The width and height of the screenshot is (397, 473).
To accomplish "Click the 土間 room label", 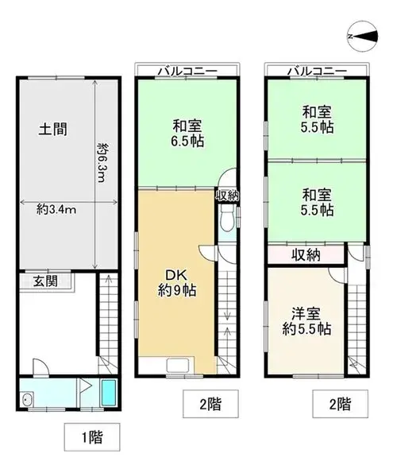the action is pos(53,129).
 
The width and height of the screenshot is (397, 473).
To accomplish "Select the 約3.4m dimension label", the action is pos(56,209).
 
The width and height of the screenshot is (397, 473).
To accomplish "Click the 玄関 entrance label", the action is pos(45,281).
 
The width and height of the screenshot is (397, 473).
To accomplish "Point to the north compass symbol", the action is pos(363,37).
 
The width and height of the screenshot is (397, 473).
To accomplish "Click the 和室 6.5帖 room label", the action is pos(187,134).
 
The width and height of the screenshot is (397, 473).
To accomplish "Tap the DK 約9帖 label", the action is pos(177,283).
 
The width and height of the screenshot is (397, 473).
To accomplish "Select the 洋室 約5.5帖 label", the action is pos(306,321).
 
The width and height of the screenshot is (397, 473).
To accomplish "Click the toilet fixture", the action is pos(227,219).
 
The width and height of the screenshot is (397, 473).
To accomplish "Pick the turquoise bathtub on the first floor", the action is pos(109,393).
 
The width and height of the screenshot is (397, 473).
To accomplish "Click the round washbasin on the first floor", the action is pos(28,399).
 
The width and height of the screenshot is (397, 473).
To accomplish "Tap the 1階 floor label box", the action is pos(92,436).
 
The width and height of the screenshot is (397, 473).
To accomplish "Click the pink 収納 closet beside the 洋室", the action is pos(306,255).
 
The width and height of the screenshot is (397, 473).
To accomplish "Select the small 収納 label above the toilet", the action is pos(227,196).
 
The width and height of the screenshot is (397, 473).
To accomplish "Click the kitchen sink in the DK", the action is pos(178,366).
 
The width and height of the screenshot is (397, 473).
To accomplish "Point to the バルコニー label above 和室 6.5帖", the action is pos(187,72).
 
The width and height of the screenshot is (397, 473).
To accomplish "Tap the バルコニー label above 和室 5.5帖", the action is pos(317,72).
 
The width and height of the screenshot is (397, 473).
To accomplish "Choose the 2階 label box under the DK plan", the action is pos(211,404).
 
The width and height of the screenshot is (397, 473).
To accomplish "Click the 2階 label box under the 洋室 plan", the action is pos(340,404).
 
